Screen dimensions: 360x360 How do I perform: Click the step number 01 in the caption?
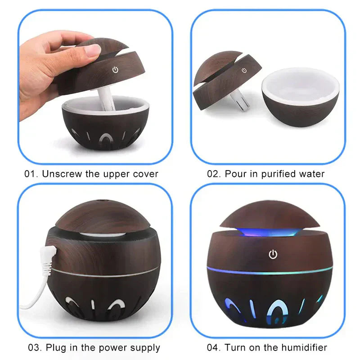click(30, 174)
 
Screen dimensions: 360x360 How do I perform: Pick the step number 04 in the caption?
click(212, 347)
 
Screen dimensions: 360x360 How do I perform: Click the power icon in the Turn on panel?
click(273, 255)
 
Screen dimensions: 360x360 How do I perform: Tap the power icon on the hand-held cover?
click(115, 70)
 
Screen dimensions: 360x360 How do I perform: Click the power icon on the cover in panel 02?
click(244, 70)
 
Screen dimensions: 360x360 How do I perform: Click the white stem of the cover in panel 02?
click(237, 101)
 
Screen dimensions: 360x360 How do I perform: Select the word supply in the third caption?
click(145, 348)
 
